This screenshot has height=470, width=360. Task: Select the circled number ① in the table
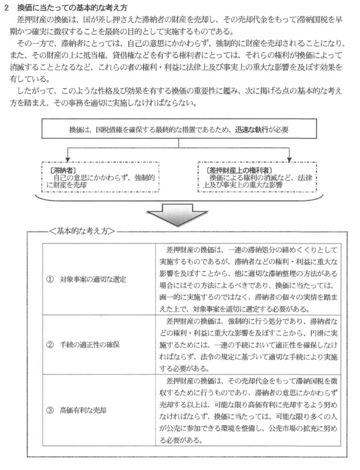(x=51, y=280)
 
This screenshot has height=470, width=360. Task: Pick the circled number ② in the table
(x=51, y=345)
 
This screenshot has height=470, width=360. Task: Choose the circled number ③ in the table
(x=51, y=410)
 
